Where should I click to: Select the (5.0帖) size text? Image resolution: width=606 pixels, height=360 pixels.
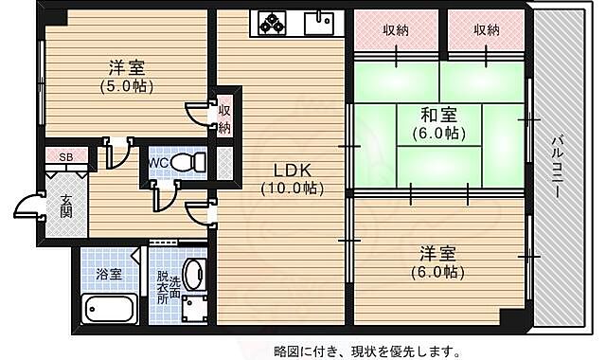tap(127, 86)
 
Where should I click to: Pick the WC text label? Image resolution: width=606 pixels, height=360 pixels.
tap(159, 162)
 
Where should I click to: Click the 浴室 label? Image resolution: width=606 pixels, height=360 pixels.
tap(108, 274)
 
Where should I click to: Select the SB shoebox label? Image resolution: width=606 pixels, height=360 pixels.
tap(66, 157)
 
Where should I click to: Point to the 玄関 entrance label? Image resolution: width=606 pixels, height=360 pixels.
tap(67, 206)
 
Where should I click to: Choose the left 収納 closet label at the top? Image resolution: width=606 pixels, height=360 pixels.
tap(396, 30)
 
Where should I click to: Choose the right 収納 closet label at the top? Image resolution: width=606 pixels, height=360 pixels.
tap(486, 30)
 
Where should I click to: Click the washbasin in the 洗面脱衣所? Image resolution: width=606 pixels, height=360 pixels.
tap(193, 275)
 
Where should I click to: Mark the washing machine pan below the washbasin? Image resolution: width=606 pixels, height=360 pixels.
tap(195, 310)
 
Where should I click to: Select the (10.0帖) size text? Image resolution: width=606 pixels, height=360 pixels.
tap(292, 188)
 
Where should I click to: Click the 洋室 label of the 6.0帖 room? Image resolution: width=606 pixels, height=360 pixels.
tap(438, 254)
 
